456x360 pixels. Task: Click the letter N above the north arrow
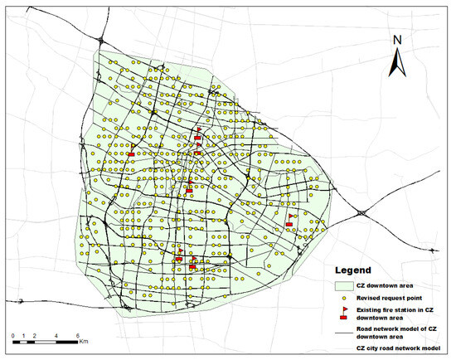397,40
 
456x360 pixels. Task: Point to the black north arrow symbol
397,61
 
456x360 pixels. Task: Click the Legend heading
355,270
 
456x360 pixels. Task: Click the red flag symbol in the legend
343,312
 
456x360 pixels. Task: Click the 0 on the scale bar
13,335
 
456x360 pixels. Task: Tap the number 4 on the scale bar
56,335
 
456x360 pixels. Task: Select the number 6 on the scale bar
78,335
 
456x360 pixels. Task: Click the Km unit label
85,341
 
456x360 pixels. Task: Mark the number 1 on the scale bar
24,335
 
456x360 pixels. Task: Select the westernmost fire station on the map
131,151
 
